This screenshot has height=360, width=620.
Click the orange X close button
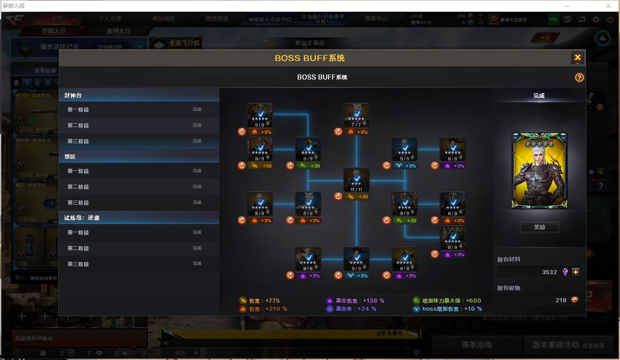(x=577, y=57)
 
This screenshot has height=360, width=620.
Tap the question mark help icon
(x=579, y=78)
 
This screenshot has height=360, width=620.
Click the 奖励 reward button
(x=540, y=227)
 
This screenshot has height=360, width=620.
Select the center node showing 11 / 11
(x=357, y=180)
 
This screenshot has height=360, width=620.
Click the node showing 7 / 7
(x=357, y=116)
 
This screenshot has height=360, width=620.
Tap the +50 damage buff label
(x=260, y=166)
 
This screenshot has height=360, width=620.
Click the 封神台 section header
(x=139, y=95)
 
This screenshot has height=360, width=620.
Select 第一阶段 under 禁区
(x=139, y=171)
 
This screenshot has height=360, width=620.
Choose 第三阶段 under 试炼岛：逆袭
(x=139, y=264)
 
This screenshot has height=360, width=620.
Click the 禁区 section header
(x=139, y=156)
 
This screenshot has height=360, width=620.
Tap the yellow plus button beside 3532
(x=575, y=272)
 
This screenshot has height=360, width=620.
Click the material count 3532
(x=550, y=272)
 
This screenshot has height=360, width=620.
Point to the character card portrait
(x=539, y=171)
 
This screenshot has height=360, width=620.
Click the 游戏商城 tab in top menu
(x=216, y=19)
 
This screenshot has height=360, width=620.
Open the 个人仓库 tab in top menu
(x=110, y=19)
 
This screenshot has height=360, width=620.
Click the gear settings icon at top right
(x=596, y=19)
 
